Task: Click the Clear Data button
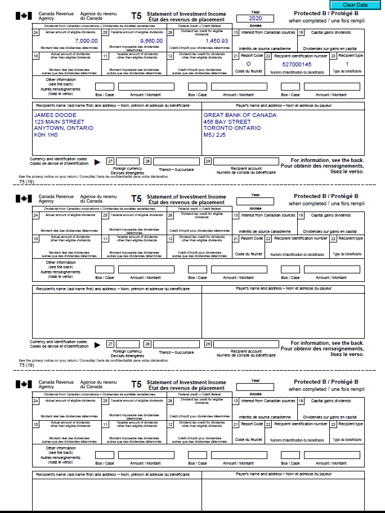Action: pos(355,4)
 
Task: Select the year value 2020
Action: pos(255,19)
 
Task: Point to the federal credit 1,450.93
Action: pos(217,41)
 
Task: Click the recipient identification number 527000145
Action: pos(297,65)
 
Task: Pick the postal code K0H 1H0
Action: pos(46,135)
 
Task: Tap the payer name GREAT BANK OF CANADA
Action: pos(240,115)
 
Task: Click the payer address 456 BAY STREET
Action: pos(227,121)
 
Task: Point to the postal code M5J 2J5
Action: pos(214,135)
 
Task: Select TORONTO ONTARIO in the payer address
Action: pos(232,128)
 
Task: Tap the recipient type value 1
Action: pos(347,64)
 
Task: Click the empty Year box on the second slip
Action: pos(255,201)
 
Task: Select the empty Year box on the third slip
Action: pos(255,387)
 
